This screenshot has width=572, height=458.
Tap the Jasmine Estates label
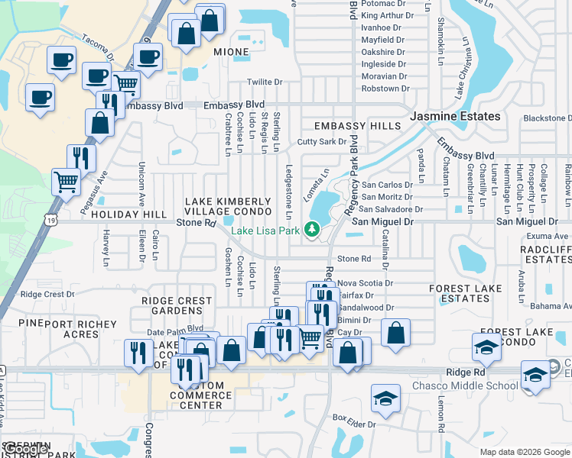(456, 116)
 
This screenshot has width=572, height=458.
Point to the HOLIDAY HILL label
(128, 215)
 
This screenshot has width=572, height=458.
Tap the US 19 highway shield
(50, 220)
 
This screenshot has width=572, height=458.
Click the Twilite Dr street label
(265, 82)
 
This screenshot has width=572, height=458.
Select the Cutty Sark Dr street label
(322, 142)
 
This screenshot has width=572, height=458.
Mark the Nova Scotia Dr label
(365, 282)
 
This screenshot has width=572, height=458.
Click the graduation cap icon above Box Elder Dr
(385, 398)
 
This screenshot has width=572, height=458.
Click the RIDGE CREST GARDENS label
(177, 305)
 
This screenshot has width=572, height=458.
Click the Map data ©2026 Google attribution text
(525, 452)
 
